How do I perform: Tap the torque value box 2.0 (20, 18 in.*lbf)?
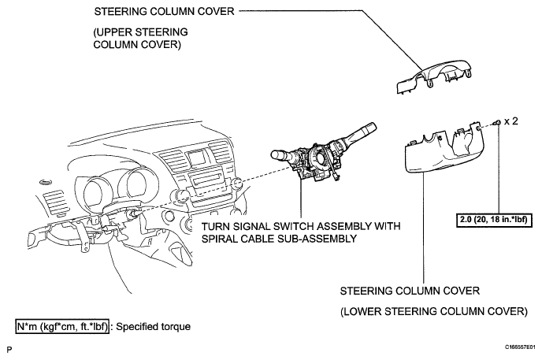(494, 220)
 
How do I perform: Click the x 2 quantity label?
(511, 121)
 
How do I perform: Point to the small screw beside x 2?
(497, 123)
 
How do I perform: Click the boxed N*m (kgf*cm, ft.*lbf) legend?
(62, 326)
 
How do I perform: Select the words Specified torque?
(153, 326)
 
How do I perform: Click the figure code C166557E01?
(520, 347)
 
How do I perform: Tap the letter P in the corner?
(9, 350)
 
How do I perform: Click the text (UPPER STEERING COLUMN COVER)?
(140, 39)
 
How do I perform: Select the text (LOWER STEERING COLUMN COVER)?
(434, 311)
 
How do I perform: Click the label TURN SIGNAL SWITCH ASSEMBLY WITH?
(301, 226)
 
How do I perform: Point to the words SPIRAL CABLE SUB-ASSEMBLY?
(279, 239)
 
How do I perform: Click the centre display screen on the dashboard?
(196, 158)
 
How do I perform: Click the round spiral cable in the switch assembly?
(320, 156)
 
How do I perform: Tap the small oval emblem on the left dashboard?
(45, 183)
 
